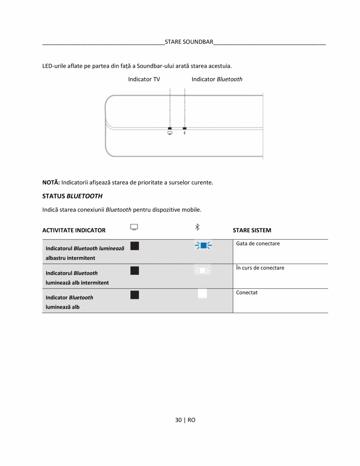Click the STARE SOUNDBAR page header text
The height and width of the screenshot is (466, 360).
click(189, 42)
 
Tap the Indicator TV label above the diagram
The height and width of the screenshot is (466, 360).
click(144, 79)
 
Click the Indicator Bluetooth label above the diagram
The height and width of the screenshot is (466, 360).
click(217, 79)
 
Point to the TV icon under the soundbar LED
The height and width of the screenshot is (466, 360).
click(170, 133)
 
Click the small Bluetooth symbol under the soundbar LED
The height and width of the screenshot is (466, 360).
click(185, 133)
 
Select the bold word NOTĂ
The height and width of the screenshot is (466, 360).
click(51, 182)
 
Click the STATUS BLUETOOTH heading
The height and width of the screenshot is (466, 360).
click(72, 196)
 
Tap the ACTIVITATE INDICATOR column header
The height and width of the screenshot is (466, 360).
click(74, 230)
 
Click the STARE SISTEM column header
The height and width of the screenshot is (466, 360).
click(252, 230)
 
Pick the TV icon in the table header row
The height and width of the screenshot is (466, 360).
click(134, 227)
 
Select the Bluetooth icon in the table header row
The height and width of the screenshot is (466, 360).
click(197, 227)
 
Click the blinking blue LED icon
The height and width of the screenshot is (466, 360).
click(203, 246)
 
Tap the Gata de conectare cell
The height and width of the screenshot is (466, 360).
click(258, 244)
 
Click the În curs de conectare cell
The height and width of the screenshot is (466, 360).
click(260, 268)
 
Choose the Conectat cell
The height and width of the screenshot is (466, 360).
click(247, 293)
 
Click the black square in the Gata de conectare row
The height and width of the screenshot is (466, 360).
click(135, 246)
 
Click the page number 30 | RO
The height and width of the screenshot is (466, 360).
click(185, 420)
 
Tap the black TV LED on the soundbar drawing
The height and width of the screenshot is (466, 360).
click(170, 128)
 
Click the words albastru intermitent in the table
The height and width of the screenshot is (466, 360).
click(70, 258)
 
